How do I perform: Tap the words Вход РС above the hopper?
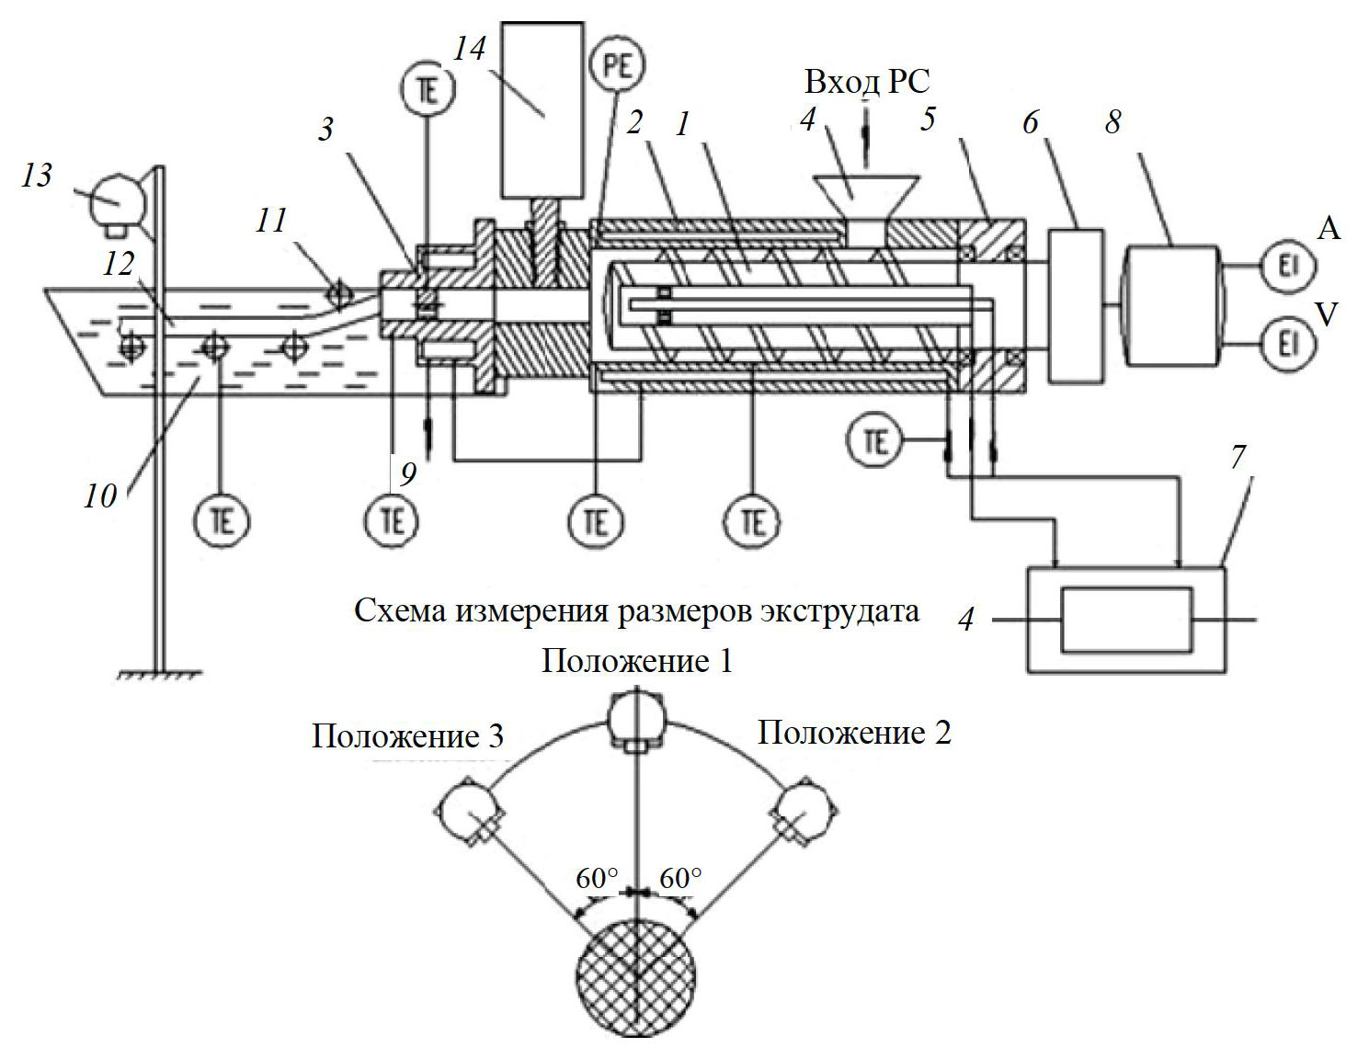pyautogui.click(x=866, y=83)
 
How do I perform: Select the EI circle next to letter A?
pyautogui.click(x=1285, y=266)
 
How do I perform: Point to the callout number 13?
pyautogui.click(x=37, y=175)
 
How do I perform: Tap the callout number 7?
pyautogui.click(x=1238, y=457)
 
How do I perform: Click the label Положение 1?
pyautogui.click(x=637, y=661)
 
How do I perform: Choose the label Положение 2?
pyautogui.click(x=854, y=733)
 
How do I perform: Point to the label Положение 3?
pyautogui.click(x=407, y=736)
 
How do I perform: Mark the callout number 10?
pyautogui.click(x=100, y=496)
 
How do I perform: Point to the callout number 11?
pyautogui.click(x=271, y=221)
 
